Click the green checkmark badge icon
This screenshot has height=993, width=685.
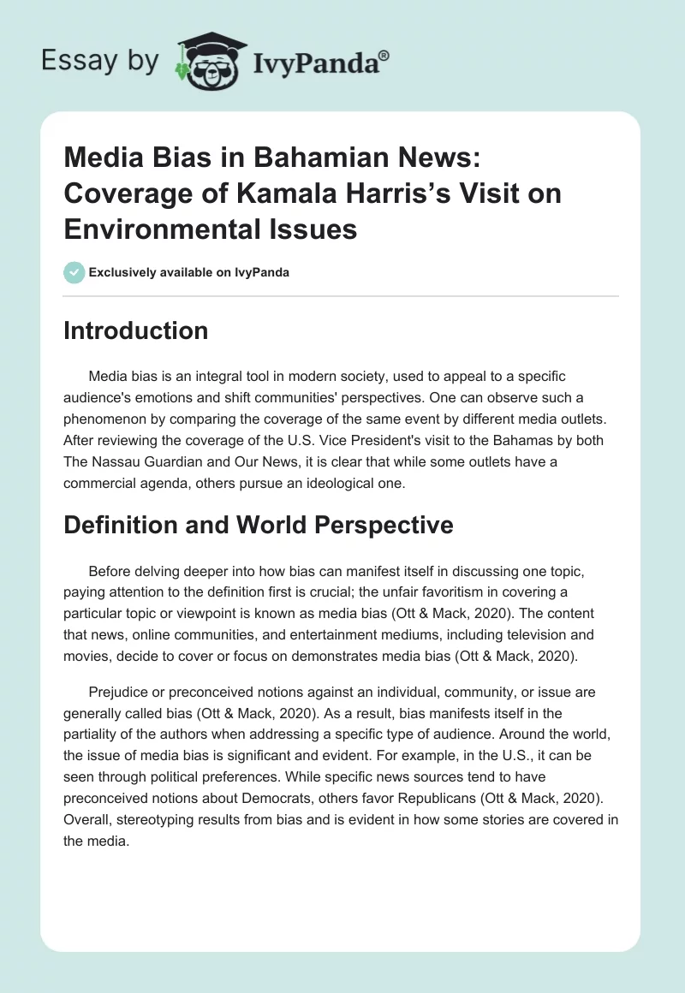pyautogui.click(x=74, y=272)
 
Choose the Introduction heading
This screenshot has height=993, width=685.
pyautogui.click(x=135, y=330)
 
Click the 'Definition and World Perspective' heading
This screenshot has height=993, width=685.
pyautogui.click(x=258, y=525)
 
